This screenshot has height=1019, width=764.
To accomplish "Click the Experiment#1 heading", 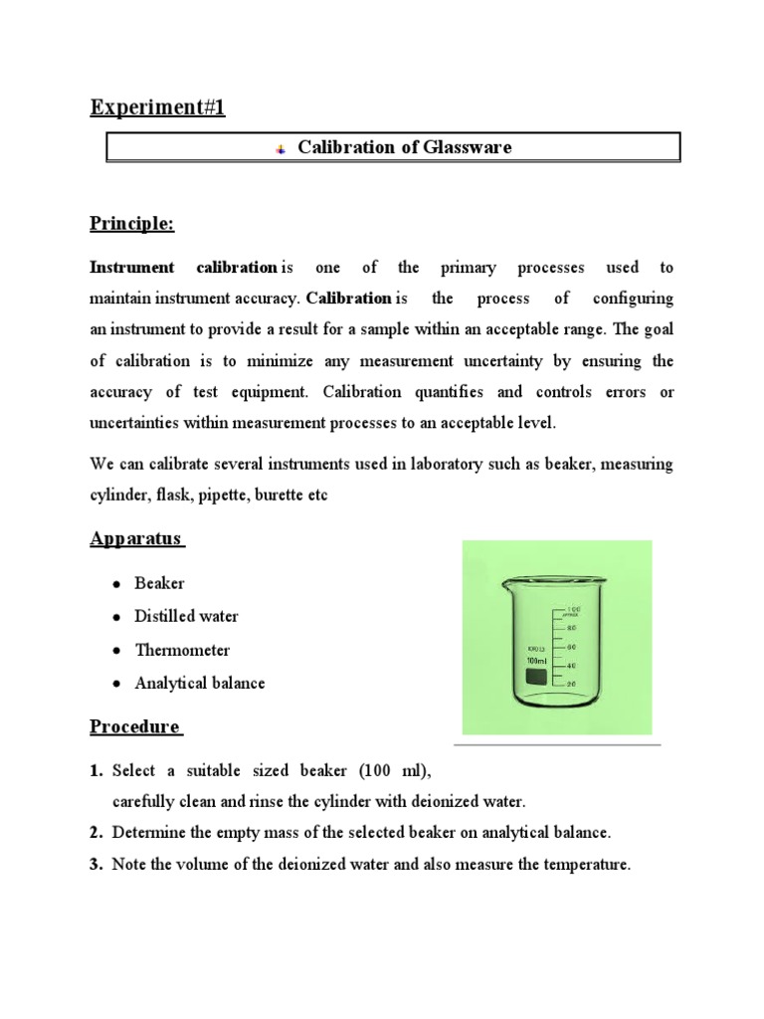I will (x=157, y=107).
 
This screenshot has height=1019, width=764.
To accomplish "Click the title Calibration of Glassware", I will (x=405, y=147).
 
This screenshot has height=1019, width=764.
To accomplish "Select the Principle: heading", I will (x=131, y=224).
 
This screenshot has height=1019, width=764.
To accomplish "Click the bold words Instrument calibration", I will (x=184, y=268).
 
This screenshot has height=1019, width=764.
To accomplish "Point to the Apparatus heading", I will (x=135, y=538).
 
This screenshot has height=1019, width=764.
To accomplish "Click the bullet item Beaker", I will (x=159, y=583).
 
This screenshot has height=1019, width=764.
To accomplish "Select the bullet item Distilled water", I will (x=186, y=616).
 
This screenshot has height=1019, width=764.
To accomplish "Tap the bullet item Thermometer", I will (x=182, y=650).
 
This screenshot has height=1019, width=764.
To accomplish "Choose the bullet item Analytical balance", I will (x=199, y=684).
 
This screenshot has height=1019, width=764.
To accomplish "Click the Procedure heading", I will (x=134, y=726).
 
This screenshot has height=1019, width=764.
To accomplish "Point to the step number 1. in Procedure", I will (x=96, y=770).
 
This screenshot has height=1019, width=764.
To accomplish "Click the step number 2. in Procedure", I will (x=96, y=832).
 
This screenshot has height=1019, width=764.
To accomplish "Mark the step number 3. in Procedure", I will (x=96, y=865).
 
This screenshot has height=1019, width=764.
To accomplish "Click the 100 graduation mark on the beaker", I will (x=573, y=608).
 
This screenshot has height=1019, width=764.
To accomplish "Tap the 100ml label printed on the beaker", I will (x=537, y=661).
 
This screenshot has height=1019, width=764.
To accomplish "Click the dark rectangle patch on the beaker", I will (x=536, y=678).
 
